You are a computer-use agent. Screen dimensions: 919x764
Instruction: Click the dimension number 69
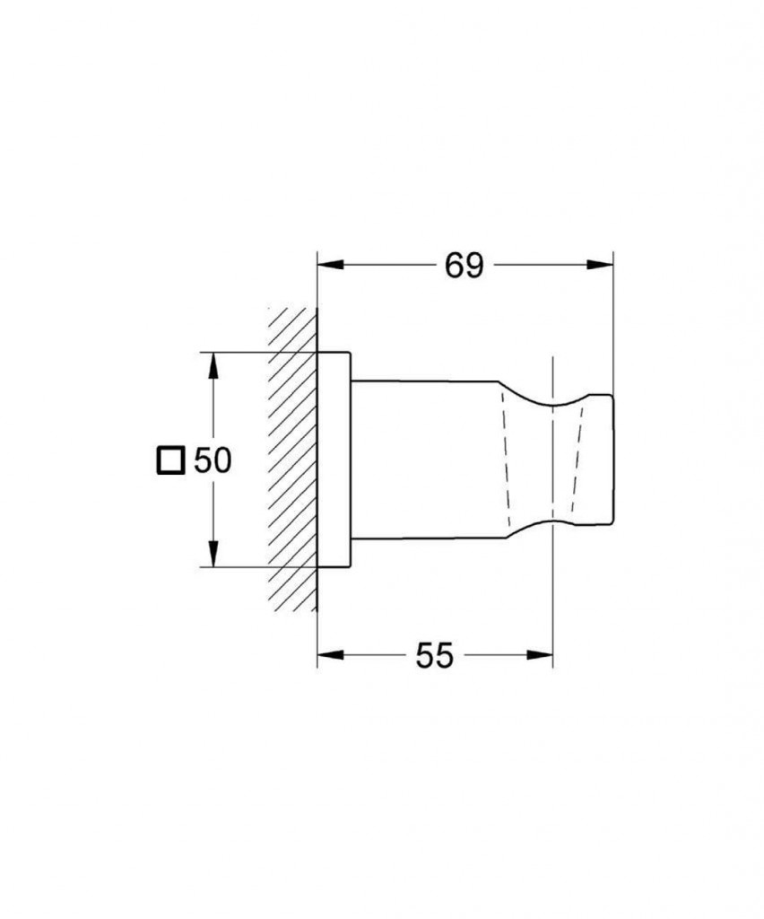pyautogui.click(x=464, y=265)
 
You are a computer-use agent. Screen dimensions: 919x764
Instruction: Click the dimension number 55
pyautogui.click(x=434, y=656)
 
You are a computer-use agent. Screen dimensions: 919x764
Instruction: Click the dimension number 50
pyautogui.click(x=213, y=460)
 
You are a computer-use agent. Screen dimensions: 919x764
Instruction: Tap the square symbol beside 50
pyautogui.click(x=170, y=460)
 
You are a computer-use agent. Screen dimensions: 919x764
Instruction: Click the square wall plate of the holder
pyautogui.click(x=334, y=459)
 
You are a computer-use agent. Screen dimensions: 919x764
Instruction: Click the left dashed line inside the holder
pyautogui.click(x=505, y=459)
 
